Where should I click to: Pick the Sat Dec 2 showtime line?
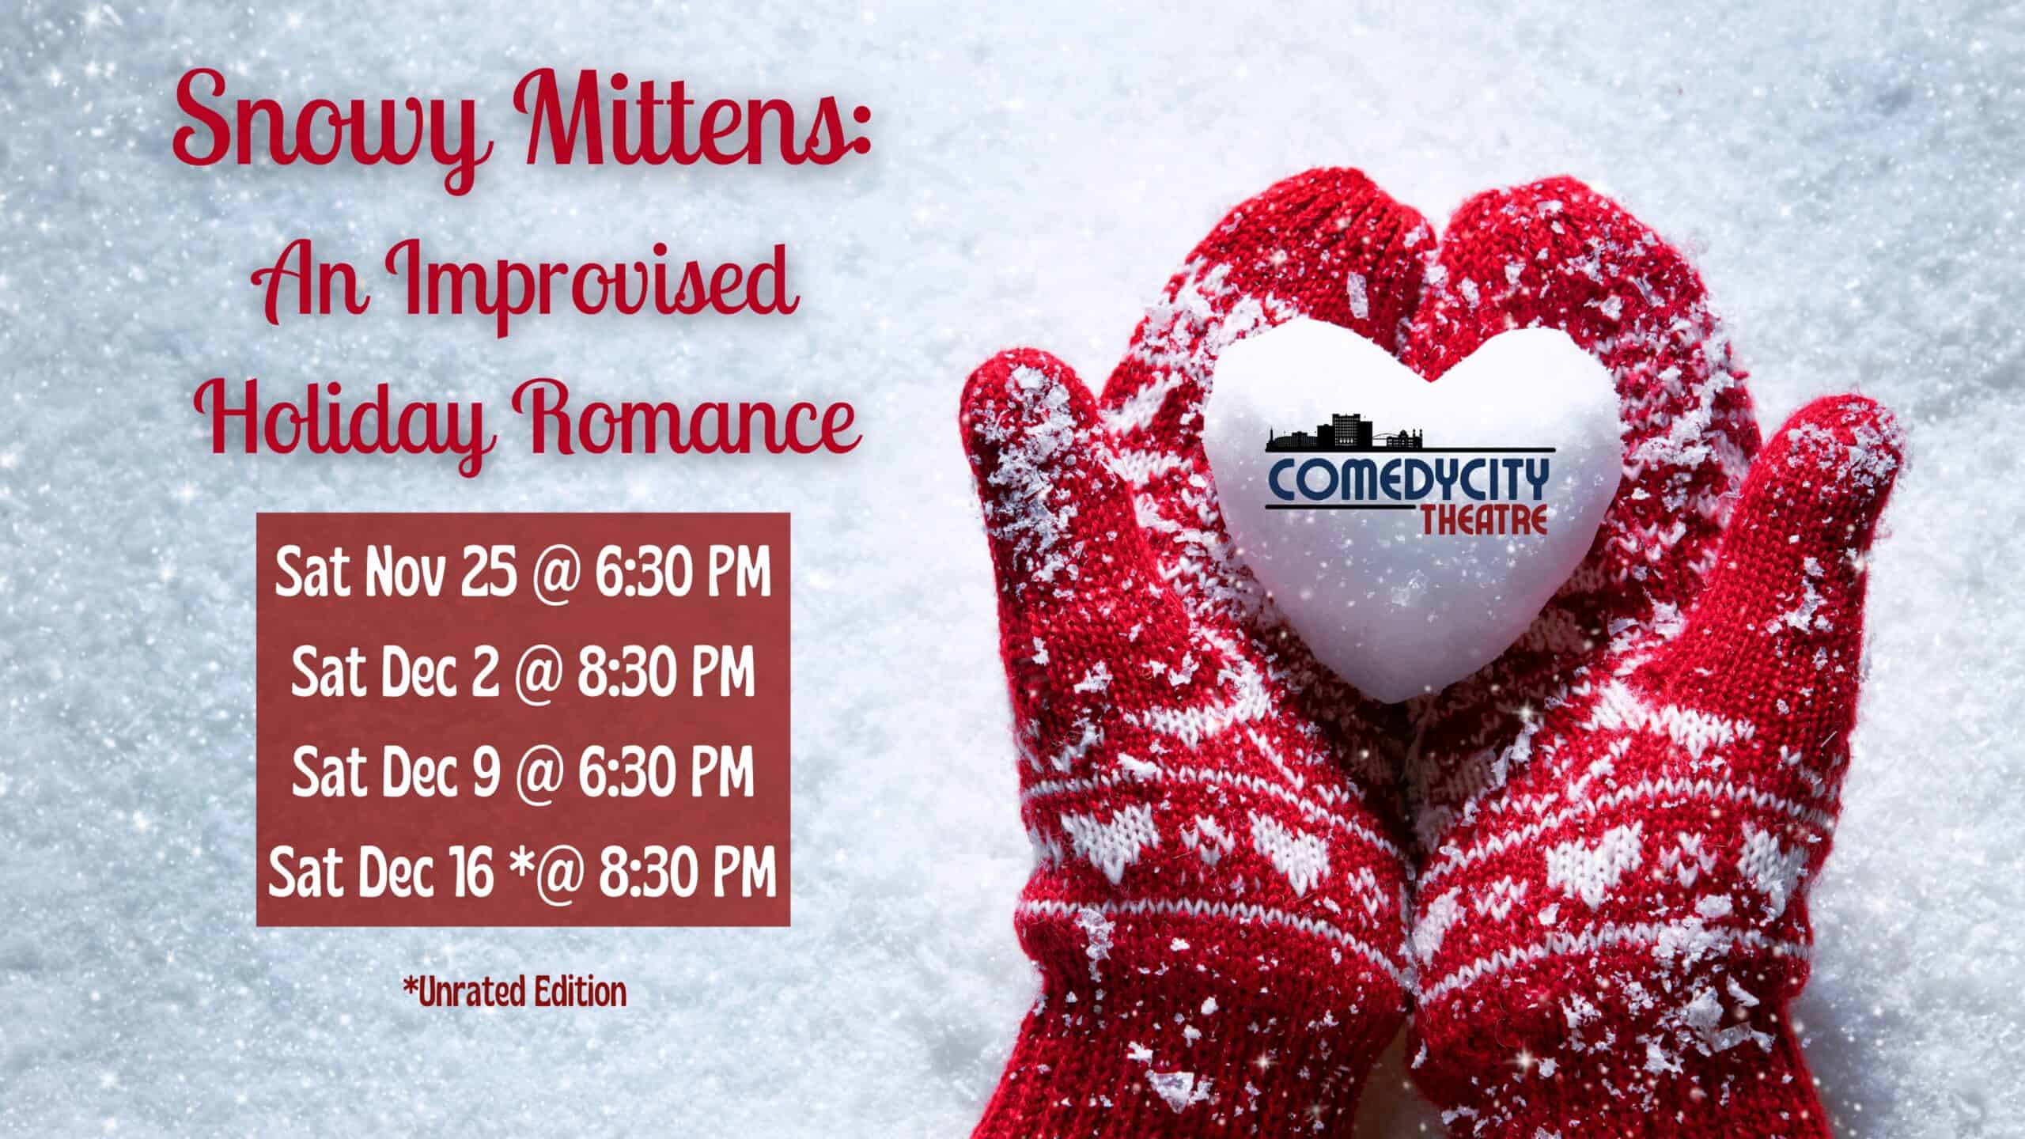[522, 672]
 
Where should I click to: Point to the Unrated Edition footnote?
[514, 993]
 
